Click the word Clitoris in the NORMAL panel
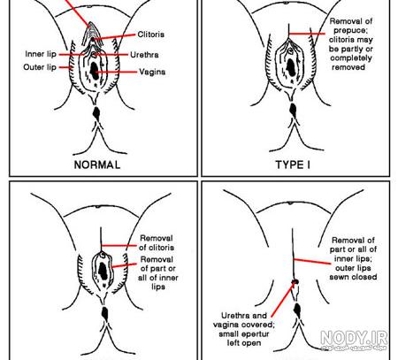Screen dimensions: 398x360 pyautogui.click(x=150, y=34)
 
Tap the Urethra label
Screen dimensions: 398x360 pyautogui.click(x=144, y=55)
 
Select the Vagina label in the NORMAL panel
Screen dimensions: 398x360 pyautogui.click(x=152, y=72)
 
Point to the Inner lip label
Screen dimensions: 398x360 pyautogui.click(x=41, y=54)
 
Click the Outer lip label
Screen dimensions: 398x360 pyautogui.click(x=40, y=67)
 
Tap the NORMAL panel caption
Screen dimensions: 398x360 pyautogui.click(x=97, y=165)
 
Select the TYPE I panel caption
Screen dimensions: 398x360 pyautogui.click(x=293, y=165)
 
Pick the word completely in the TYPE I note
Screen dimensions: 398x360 pyautogui.click(x=351, y=57)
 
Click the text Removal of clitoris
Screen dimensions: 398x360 pyautogui.click(x=157, y=242)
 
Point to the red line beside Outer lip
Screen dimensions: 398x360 pyautogui.click(x=65, y=67)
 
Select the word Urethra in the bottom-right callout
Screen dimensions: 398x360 pyautogui.click(x=235, y=316)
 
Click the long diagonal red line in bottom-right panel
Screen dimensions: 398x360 pyautogui.click(x=282, y=299)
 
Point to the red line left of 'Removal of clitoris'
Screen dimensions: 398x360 pyautogui.click(x=119, y=245)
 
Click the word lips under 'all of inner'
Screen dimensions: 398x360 pyautogui.click(x=158, y=287)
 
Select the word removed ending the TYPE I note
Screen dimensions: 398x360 pyautogui.click(x=348, y=67)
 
